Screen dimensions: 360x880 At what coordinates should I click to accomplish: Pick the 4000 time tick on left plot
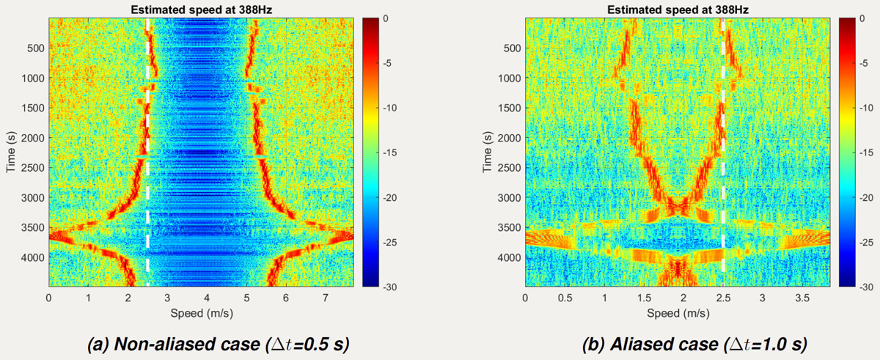pyautogui.click(x=33, y=257)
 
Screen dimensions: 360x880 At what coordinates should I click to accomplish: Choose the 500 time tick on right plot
pyautogui.click(x=512, y=48)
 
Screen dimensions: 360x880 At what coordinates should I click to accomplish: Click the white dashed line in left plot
pyautogui.click(x=148, y=147)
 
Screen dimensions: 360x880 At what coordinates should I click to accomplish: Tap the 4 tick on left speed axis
pyautogui.click(x=207, y=298)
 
